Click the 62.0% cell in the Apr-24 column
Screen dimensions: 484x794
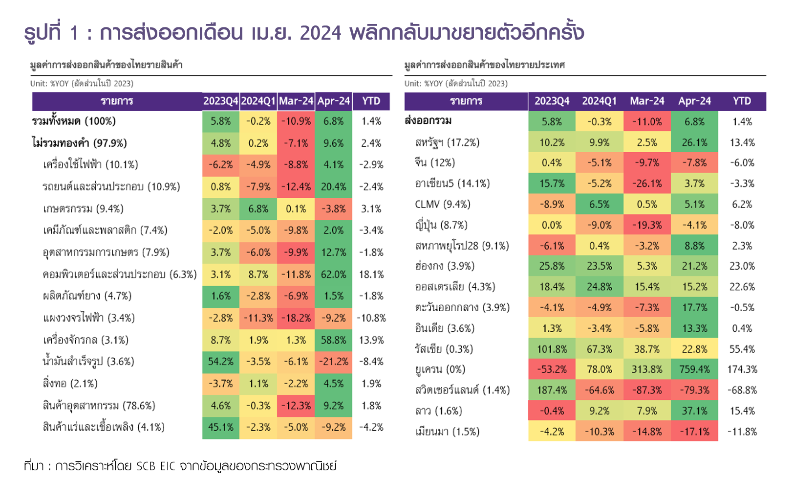[x=334, y=274]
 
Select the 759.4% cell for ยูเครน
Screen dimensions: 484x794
[x=694, y=369]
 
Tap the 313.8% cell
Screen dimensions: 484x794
[x=647, y=369]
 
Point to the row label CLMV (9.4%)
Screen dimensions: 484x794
[x=442, y=204]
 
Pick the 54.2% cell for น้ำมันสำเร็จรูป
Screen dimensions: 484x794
[x=221, y=362]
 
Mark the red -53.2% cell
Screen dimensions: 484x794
[x=552, y=369]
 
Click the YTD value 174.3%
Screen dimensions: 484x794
[x=742, y=369]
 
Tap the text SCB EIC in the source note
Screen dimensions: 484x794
[x=155, y=466]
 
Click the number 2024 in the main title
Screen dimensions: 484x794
[x=321, y=33]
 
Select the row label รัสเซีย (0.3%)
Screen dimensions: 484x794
[x=444, y=349]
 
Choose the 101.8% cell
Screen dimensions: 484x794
[x=552, y=349]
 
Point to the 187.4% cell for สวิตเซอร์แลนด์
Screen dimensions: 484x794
[x=552, y=390]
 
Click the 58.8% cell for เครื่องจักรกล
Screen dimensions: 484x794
[x=334, y=340]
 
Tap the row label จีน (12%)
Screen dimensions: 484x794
[x=435, y=162]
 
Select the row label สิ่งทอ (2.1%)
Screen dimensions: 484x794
[x=70, y=384]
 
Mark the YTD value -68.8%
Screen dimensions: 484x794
[x=742, y=390]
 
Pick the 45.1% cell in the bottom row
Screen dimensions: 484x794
[x=221, y=427]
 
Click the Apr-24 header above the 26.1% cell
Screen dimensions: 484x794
[x=694, y=101]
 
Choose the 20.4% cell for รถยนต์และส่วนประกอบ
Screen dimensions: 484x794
[x=334, y=187]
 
